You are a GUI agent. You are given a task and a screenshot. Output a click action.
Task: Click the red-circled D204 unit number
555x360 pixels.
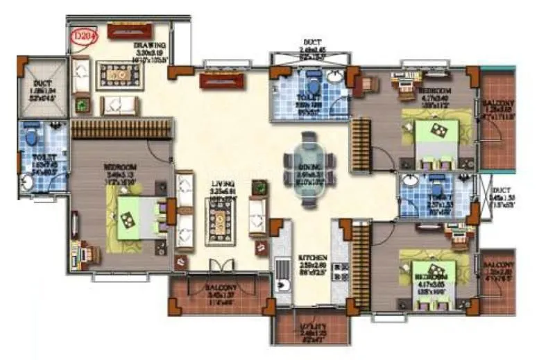click(85, 32)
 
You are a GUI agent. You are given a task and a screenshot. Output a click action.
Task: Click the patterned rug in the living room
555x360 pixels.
click(218, 221)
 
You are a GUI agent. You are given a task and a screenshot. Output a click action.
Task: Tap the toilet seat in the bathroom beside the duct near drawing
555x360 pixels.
click(30, 137)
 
